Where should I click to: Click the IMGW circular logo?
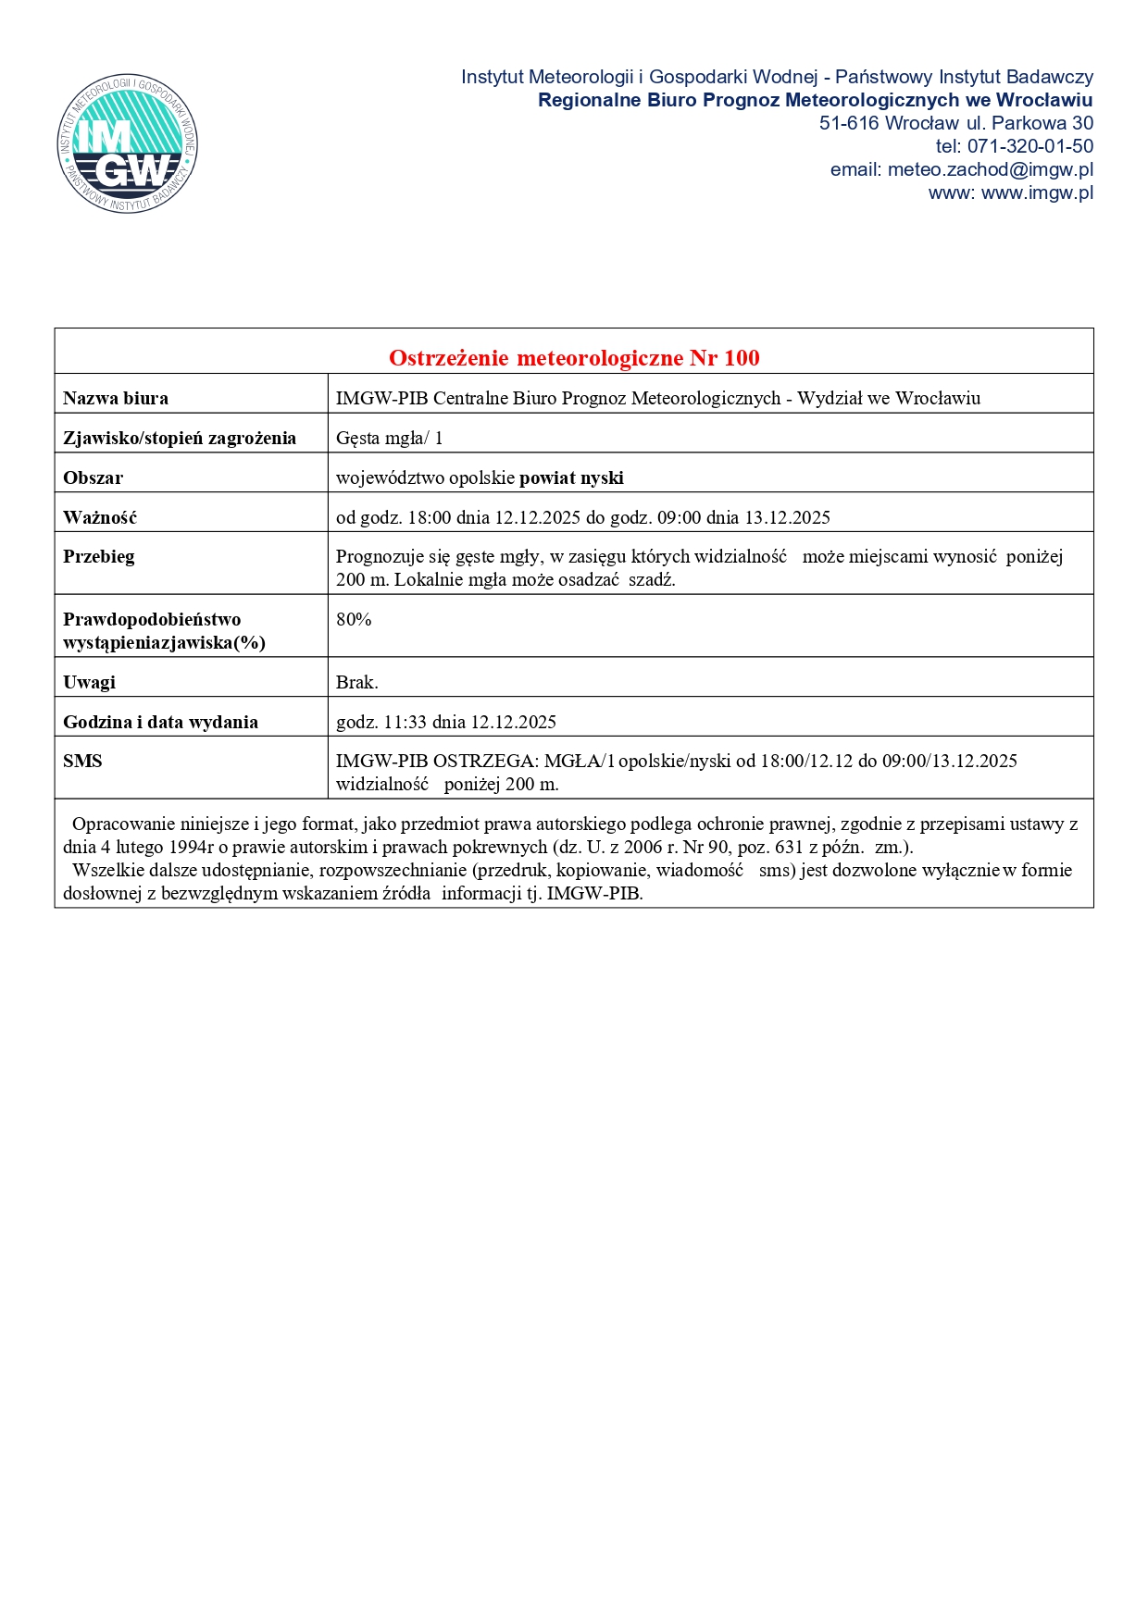coord(127,143)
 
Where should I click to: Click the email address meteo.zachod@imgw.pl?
coord(990,170)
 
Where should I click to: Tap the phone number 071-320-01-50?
coord(1030,147)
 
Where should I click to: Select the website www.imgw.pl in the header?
coord(1037,193)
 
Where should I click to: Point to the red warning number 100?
coord(742,358)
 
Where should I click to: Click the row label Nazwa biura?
coord(116,399)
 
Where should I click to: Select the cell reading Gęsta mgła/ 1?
coord(389,439)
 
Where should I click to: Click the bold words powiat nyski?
coord(571,478)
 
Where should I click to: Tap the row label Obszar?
coord(93,478)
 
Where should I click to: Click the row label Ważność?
coord(100,518)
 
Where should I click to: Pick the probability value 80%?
coord(354,620)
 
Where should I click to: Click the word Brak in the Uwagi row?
coord(356,683)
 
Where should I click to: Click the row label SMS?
coord(82,762)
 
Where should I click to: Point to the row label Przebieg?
coord(99,557)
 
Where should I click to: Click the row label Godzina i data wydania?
coord(160,723)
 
